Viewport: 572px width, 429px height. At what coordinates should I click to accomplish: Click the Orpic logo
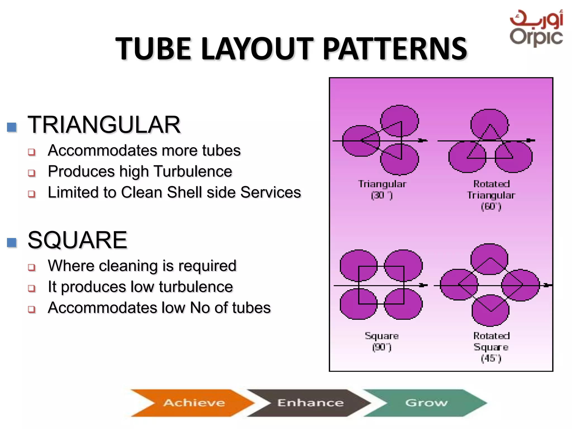tap(536, 28)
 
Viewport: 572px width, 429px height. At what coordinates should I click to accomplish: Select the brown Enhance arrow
tap(310, 402)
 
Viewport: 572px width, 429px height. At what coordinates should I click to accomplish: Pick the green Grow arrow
tap(426, 402)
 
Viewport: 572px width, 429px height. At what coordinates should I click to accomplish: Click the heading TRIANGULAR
tap(104, 125)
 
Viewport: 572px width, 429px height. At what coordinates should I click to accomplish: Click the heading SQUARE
tap(78, 240)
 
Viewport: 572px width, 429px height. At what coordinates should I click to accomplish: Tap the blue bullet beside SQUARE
tap(12, 242)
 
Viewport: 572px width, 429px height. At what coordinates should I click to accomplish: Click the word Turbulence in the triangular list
tap(193, 171)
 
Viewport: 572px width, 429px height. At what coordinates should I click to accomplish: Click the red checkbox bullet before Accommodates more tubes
tap(32, 152)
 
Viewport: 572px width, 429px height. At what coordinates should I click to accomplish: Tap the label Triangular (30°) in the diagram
tap(382, 189)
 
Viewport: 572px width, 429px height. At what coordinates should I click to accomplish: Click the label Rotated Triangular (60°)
tap(491, 195)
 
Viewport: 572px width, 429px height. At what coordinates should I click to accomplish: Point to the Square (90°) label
tap(382, 341)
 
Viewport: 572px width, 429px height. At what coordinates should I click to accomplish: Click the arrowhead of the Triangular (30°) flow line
tap(423, 140)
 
